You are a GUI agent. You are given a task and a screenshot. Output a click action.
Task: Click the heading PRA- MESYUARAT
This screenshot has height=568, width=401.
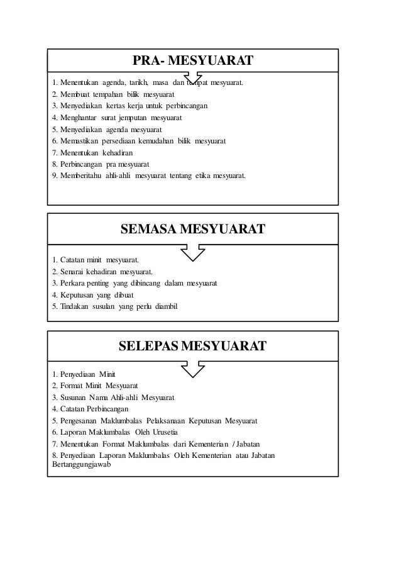[x=193, y=61]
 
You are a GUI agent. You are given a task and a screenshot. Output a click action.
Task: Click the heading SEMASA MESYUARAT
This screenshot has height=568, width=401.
[x=192, y=228]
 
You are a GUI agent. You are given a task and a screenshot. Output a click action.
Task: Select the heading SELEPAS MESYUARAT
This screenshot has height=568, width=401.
[x=192, y=345]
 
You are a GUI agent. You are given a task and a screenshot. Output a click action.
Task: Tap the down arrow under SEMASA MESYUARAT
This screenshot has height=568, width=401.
[x=192, y=252]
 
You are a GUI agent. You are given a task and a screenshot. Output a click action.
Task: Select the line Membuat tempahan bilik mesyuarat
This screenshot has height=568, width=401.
[x=114, y=94]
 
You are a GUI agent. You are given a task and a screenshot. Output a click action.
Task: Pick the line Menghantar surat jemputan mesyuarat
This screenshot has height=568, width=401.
[x=118, y=118]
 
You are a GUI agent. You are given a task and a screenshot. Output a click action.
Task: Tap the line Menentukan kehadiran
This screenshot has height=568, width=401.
[x=92, y=152]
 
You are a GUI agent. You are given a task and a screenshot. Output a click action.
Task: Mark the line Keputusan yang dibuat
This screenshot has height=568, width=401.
[x=93, y=294]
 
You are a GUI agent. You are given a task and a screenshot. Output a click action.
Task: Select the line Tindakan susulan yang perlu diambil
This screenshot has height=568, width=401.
[x=116, y=306]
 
